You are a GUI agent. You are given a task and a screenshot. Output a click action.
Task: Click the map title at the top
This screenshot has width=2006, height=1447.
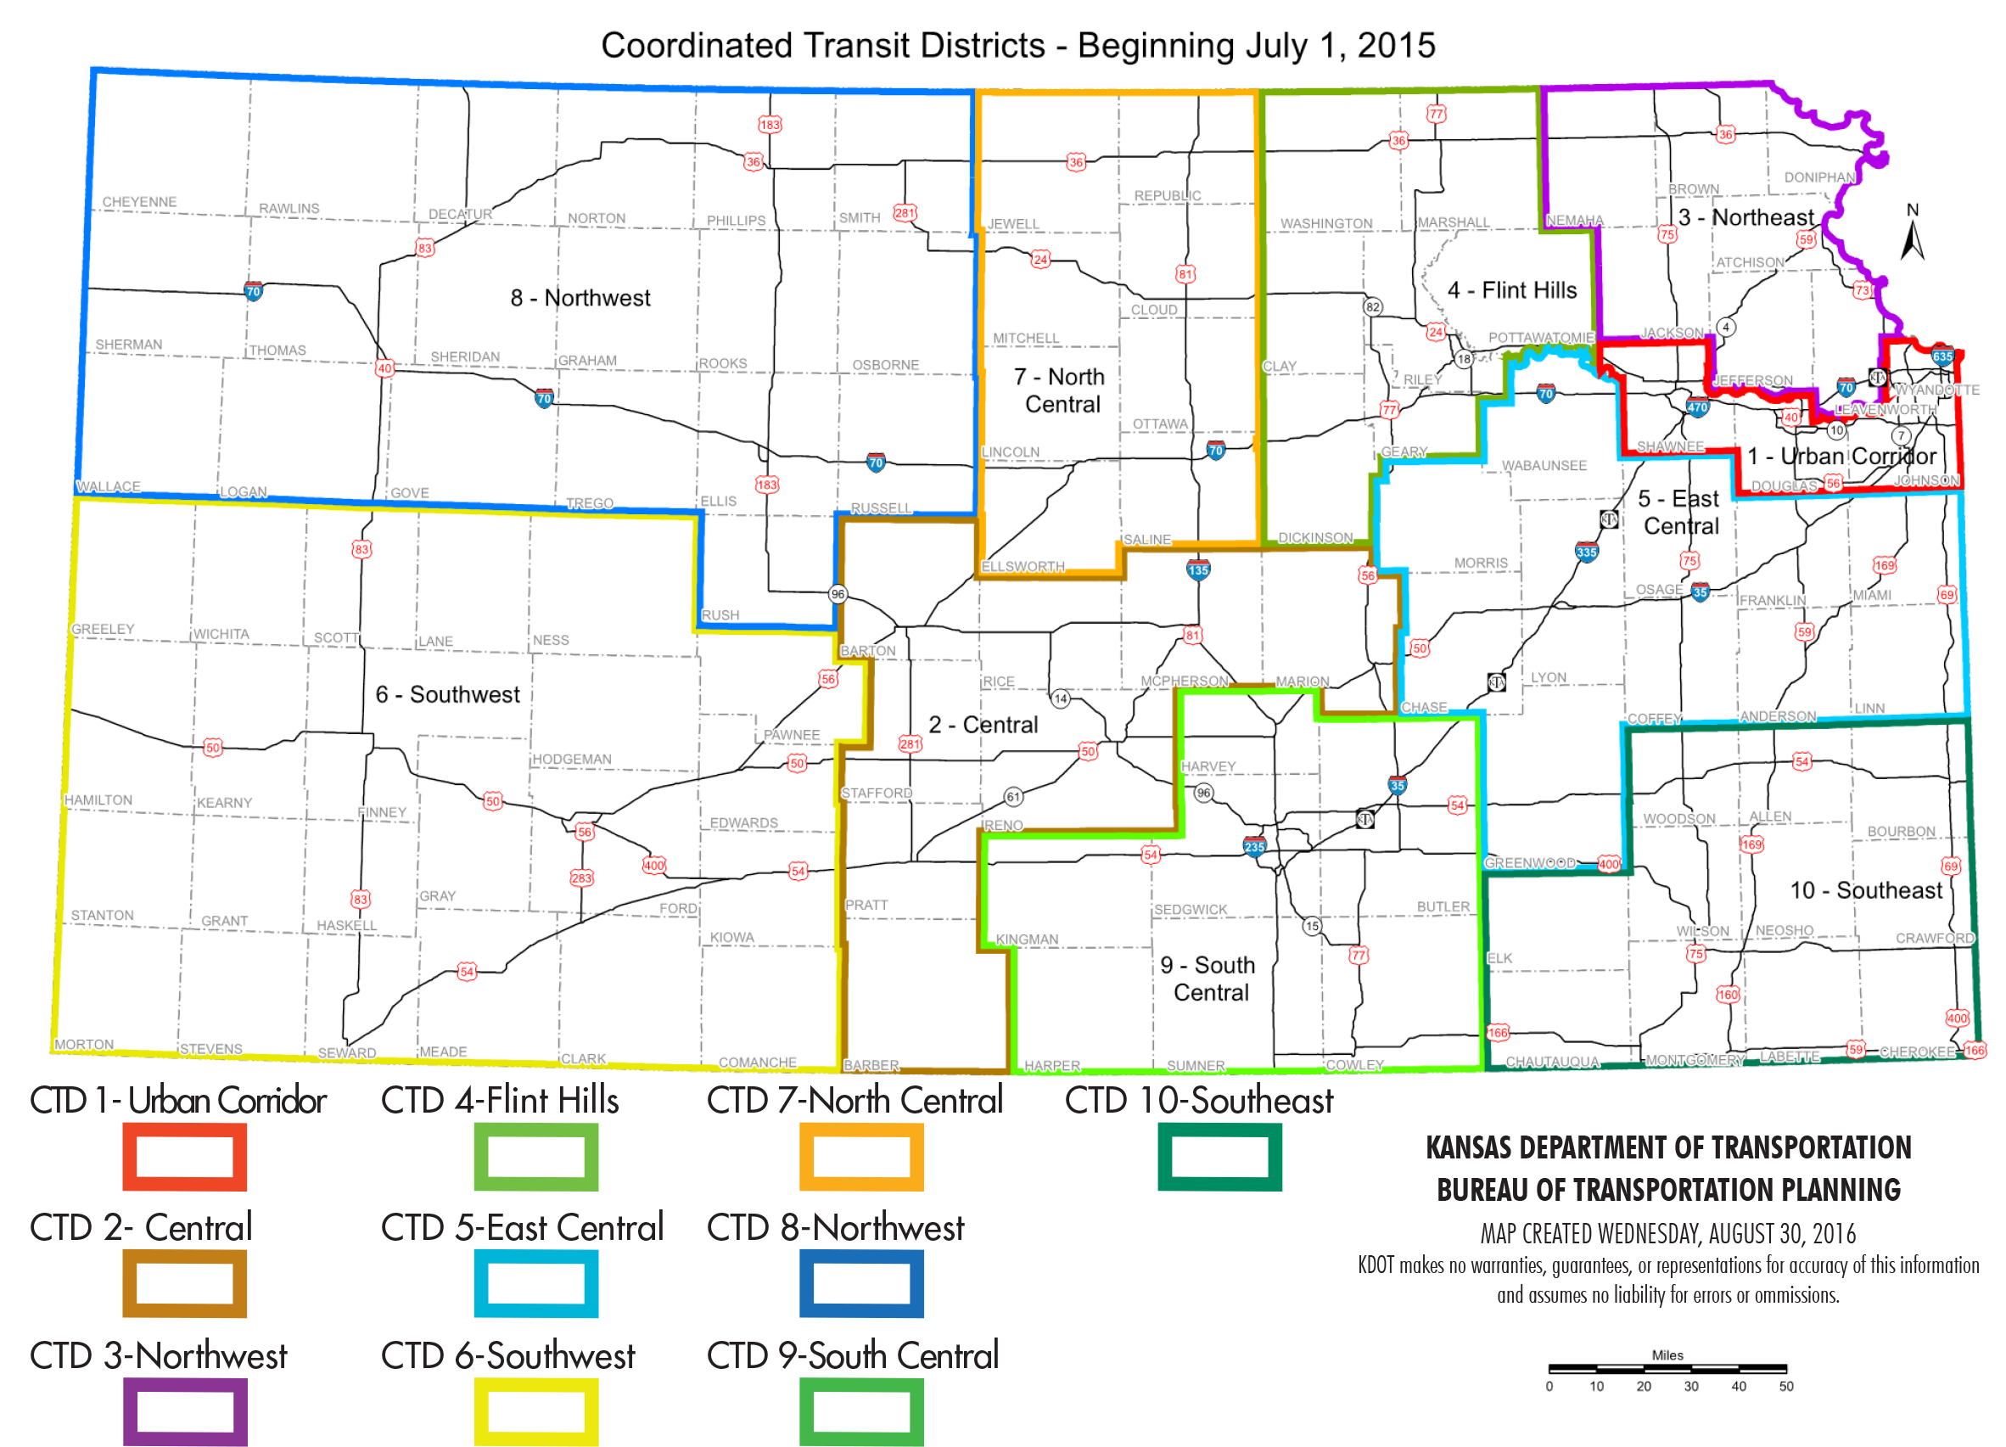pos(1018,45)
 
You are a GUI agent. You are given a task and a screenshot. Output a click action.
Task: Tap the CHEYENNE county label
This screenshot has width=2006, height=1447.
pos(139,202)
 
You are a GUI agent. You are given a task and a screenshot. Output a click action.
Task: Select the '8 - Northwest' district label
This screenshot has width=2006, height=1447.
pos(580,298)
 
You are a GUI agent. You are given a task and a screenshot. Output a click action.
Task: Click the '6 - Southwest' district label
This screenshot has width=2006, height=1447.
pos(447,694)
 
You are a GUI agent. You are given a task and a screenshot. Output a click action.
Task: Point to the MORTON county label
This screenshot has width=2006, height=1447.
pos(84,1045)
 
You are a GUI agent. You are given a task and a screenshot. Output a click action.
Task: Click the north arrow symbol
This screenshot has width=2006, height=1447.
pos(1913,234)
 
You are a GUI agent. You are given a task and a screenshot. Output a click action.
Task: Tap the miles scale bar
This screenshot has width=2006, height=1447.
pos(1667,1370)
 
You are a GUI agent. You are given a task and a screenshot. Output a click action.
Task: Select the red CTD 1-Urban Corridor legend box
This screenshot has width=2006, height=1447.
pos(184,1157)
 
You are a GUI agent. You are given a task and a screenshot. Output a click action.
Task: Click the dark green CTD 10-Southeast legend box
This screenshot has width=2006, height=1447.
pos(1219,1157)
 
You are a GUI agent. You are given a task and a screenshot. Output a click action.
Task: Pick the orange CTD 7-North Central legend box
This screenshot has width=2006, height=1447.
pos(861,1157)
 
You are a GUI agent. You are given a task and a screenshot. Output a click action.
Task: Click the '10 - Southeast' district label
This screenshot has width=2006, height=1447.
pos(1866,889)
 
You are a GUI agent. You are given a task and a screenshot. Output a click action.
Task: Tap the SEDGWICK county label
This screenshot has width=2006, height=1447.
pos(1191,909)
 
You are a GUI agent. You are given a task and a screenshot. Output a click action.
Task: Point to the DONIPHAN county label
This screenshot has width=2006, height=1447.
pos(1819,177)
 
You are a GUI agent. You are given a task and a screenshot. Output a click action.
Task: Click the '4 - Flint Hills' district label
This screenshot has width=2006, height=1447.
pos(1511,290)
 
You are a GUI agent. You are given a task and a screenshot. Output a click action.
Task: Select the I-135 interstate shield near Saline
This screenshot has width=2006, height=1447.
pos(1197,569)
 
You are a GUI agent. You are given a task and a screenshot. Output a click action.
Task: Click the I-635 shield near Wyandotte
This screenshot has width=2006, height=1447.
pos(1942,356)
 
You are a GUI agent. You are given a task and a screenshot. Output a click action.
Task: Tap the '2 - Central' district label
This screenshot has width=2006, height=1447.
pos(983,725)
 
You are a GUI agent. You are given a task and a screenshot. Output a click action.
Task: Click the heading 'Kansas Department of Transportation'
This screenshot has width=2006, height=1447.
pos(1668,1147)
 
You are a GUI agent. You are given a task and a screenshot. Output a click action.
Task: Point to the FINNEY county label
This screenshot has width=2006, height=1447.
pos(382,812)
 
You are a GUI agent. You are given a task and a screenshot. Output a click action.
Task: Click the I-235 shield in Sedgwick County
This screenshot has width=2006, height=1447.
pos(1254,846)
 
